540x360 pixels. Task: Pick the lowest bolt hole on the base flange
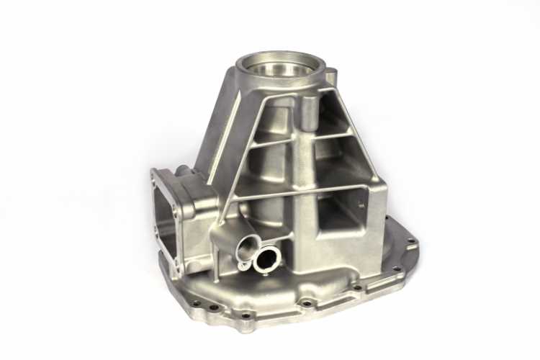pyautogui.click(x=248, y=315)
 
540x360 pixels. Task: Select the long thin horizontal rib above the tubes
pyautogui.click(x=288, y=193)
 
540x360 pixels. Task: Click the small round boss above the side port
pyautogui.click(x=183, y=171)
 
